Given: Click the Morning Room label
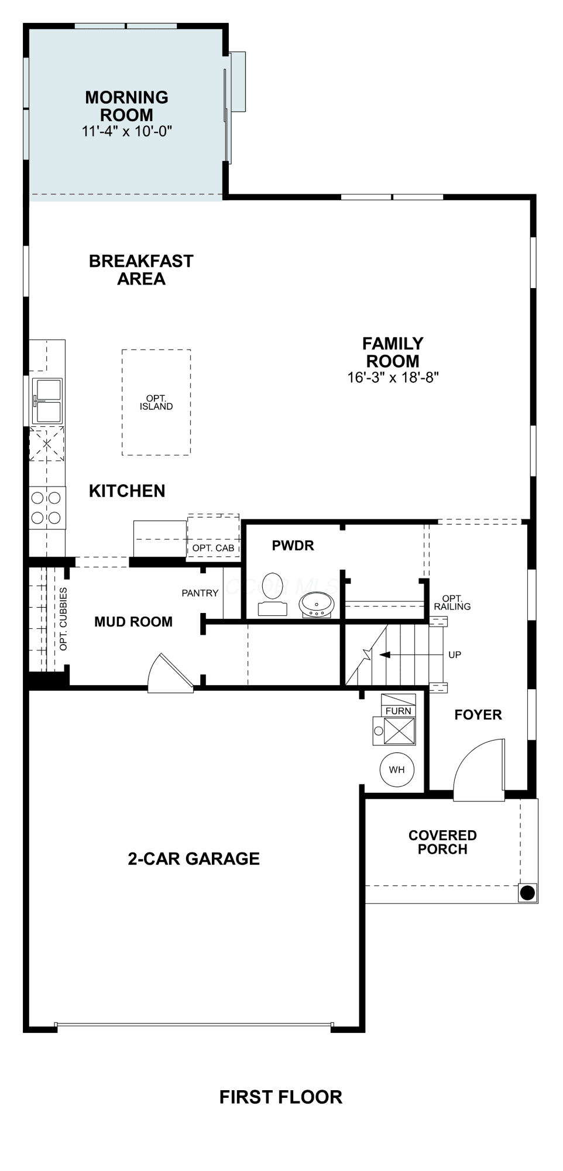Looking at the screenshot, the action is click(127, 106).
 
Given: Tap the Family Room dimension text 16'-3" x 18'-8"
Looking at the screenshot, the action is click(393, 378).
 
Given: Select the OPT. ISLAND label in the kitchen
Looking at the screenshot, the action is click(156, 403).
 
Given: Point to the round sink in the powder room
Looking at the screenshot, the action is click(317, 604).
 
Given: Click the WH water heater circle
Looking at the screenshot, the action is click(397, 770).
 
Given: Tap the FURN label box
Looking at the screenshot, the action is click(398, 711).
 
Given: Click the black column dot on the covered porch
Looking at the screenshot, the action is click(527, 893).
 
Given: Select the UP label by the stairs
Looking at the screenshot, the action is click(455, 655).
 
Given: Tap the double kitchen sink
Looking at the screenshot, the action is click(48, 401).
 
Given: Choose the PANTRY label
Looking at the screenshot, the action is click(200, 593).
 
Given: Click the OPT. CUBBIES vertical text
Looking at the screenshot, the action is click(64, 619).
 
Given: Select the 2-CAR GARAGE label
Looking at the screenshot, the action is click(194, 859).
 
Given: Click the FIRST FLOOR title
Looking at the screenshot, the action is click(281, 1097).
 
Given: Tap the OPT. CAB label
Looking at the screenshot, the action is click(213, 548).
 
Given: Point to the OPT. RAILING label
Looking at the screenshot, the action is click(452, 602).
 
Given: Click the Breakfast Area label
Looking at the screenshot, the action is click(141, 270).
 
